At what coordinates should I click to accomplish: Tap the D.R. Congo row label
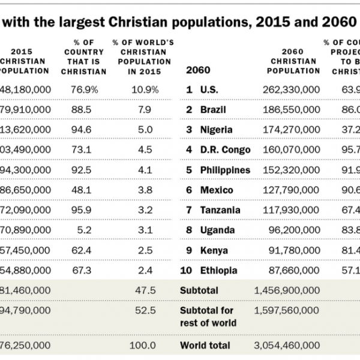[x=226, y=149]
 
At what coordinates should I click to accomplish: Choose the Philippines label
[x=225, y=170]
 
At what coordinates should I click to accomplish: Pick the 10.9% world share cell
[x=146, y=89]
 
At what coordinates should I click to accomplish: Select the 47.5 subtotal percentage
[x=147, y=290]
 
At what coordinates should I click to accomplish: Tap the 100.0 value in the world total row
[x=146, y=346]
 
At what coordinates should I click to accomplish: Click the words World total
[x=205, y=346]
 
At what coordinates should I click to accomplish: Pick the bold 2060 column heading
[x=199, y=70]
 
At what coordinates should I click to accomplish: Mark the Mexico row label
[x=217, y=190]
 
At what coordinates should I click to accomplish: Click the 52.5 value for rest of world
[x=147, y=311]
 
